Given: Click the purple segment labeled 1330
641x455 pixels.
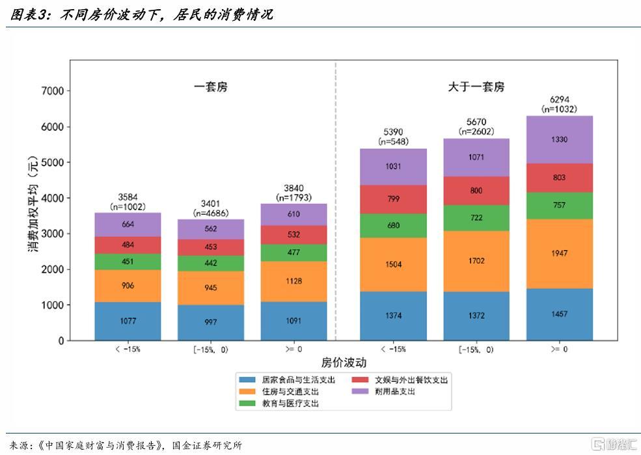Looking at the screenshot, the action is (x=559, y=140).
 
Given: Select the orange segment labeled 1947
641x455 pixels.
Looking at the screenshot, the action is (x=559, y=254).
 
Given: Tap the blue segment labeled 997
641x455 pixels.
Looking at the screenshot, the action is (x=211, y=323).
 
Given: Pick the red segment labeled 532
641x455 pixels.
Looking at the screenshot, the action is (x=293, y=235).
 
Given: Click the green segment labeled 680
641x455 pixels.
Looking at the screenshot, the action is (x=393, y=226).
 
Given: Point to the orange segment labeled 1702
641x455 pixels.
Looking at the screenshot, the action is (x=476, y=261).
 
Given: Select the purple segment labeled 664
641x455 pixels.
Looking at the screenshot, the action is (x=128, y=225).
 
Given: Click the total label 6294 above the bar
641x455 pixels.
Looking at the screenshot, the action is (x=559, y=100).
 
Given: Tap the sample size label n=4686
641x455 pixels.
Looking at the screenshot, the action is (x=211, y=214).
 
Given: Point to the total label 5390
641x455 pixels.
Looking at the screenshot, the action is (x=393, y=132).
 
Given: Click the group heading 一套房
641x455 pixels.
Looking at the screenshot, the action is (x=211, y=87).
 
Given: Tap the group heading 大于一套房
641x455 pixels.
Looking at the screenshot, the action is (x=476, y=87).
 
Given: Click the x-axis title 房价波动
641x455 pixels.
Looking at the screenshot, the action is (x=344, y=363).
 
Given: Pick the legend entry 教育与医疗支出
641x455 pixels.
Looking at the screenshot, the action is (x=279, y=404).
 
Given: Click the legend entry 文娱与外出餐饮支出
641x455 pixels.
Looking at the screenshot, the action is (x=400, y=379).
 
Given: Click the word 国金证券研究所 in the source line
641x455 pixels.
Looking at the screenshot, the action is (x=207, y=445).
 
